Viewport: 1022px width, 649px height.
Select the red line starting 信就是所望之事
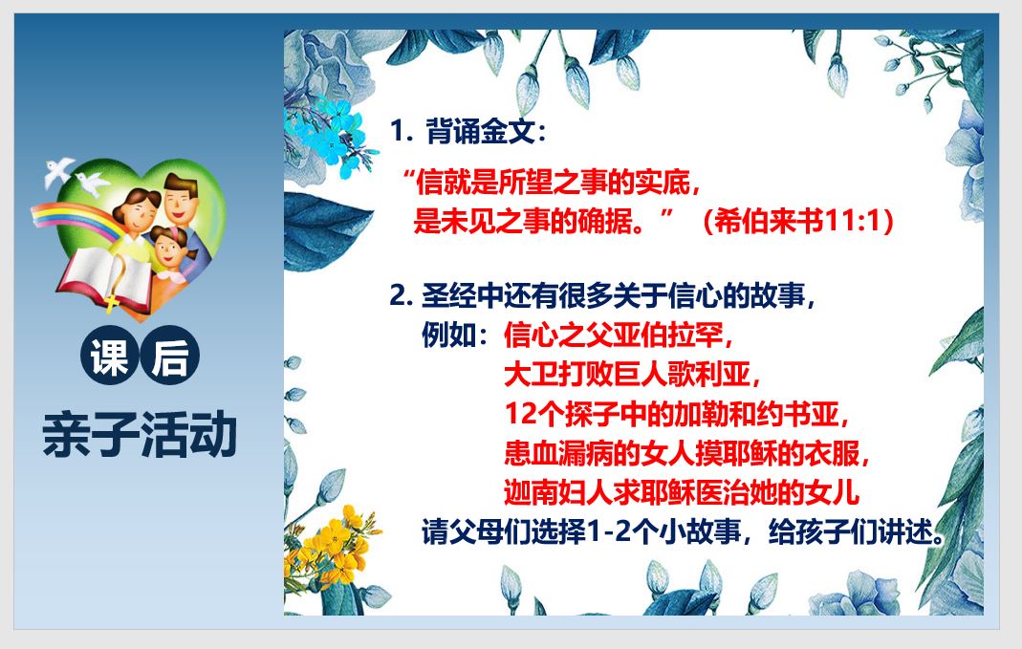(x=552, y=182)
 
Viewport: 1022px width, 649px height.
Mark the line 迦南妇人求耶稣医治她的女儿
(x=681, y=492)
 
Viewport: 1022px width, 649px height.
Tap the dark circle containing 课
(x=110, y=356)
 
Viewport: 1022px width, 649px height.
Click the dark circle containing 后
(x=170, y=356)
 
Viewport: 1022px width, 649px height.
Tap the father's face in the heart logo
(x=181, y=199)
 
